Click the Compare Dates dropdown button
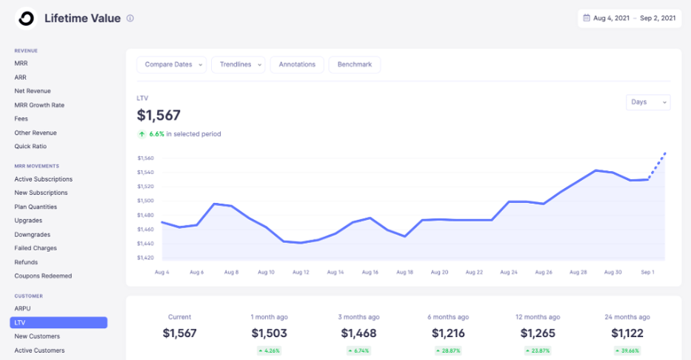click(172, 64)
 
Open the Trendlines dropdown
click(238, 64)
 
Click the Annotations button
click(296, 64)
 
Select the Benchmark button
click(354, 64)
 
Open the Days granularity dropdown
click(648, 102)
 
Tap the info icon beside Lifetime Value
click(130, 19)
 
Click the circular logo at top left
click(27, 19)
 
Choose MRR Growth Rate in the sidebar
click(39, 105)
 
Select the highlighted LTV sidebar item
click(59, 322)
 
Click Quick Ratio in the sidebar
click(30, 147)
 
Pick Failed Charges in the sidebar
click(36, 248)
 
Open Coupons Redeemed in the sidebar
click(43, 276)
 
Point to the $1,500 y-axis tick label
click(145, 201)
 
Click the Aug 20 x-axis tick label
click(439, 272)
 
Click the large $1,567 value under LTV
click(158, 115)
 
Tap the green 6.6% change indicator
click(156, 134)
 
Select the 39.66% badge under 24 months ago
click(627, 350)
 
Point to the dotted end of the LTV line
click(659, 163)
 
